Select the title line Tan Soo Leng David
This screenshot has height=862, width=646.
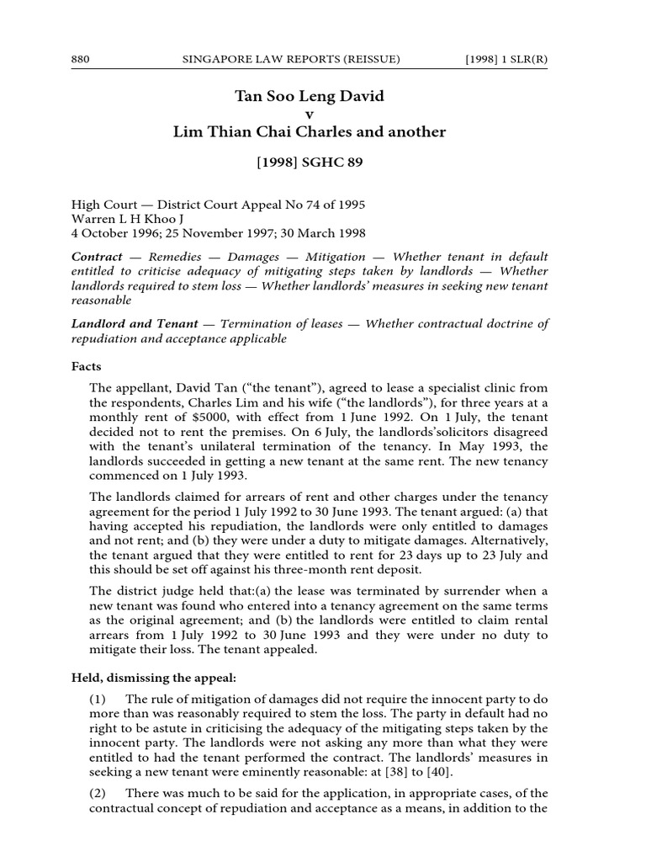tap(310, 97)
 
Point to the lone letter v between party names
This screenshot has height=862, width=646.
tap(310, 114)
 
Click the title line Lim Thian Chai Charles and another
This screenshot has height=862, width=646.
tap(310, 132)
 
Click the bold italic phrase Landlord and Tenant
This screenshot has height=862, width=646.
tap(135, 323)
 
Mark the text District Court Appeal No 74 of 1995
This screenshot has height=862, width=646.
tap(255, 204)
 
